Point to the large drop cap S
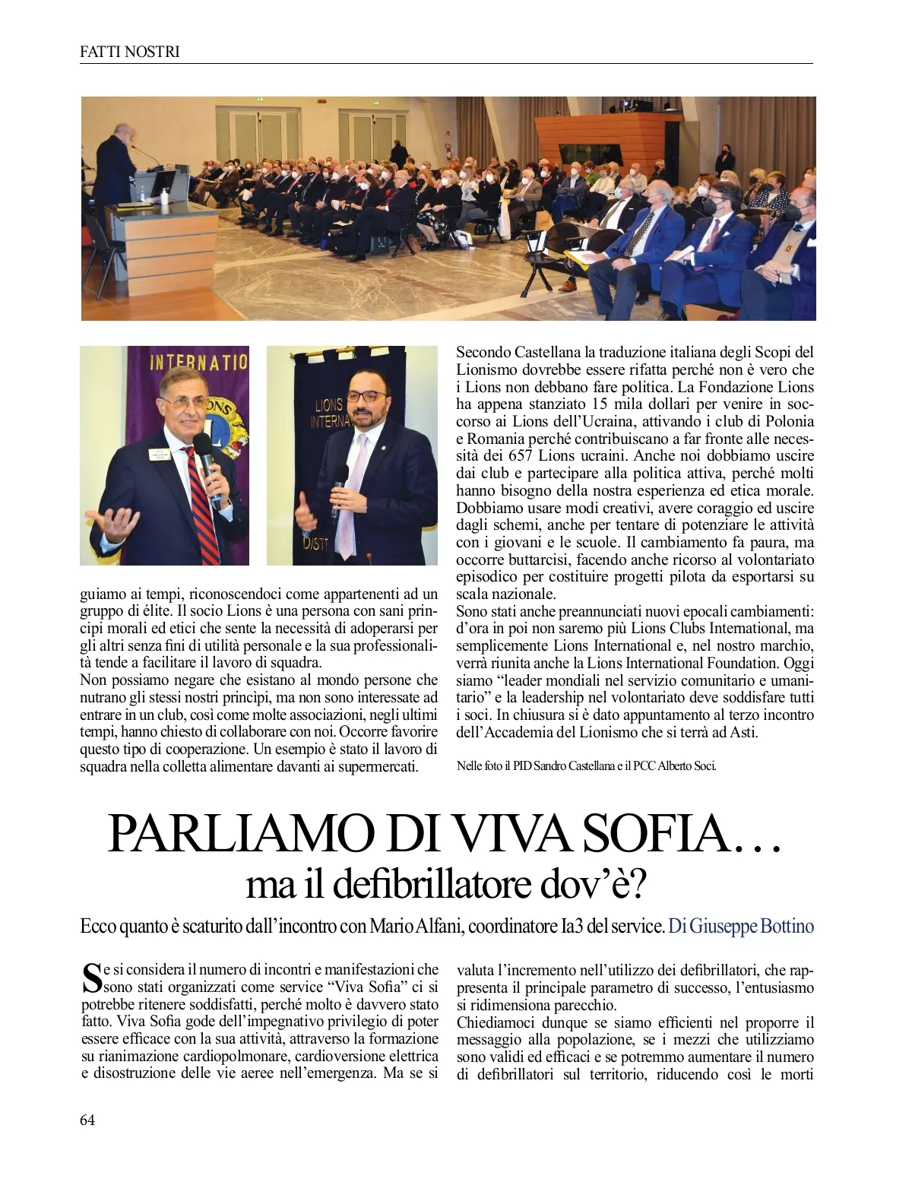point(90,978)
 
